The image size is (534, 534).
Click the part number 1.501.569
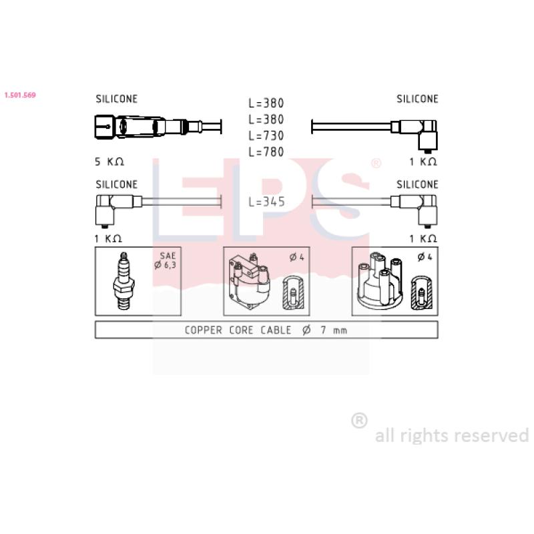pyautogui.click(x=20, y=95)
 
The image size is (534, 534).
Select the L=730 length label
pyautogui.click(x=266, y=136)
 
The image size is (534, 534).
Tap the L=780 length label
pyautogui.click(x=266, y=152)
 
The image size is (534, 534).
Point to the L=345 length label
pyautogui.click(x=266, y=202)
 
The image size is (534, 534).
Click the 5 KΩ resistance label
pyautogui.click(x=109, y=162)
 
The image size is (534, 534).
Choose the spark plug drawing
pyautogui.click(x=123, y=281)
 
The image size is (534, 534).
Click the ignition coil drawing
pyautogui.click(x=250, y=281)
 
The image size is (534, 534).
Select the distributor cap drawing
pyautogui.click(x=379, y=281)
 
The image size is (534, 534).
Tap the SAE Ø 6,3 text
pyautogui.click(x=166, y=260)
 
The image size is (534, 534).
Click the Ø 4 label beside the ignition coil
pyautogui.click(x=296, y=257)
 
